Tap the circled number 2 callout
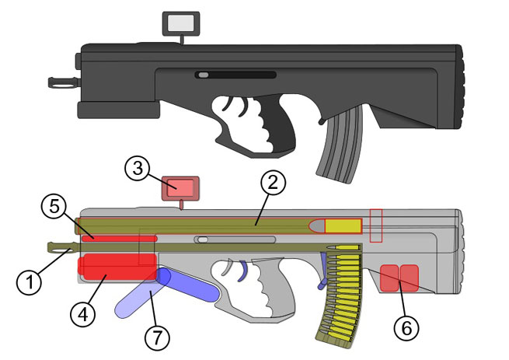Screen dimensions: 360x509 pyautogui.click(x=273, y=184)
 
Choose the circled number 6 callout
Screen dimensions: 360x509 pyautogui.click(x=402, y=327)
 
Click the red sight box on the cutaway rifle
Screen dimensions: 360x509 pyautogui.click(x=180, y=187)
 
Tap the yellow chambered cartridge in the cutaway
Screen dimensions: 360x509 pyautogui.click(x=343, y=225)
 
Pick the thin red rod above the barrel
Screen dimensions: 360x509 pyautogui.click(x=120, y=236)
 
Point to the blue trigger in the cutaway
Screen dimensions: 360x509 pyautogui.click(x=242, y=268)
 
